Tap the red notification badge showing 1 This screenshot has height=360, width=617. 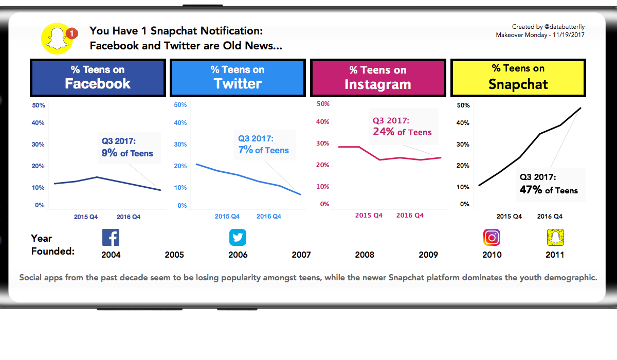click(72, 33)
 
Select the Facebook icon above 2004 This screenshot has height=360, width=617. click(111, 238)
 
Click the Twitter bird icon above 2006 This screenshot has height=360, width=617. click(238, 238)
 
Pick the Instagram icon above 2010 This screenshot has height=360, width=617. click(492, 238)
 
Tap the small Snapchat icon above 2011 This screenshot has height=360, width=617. click(555, 238)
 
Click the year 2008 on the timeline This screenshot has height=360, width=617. click(365, 255)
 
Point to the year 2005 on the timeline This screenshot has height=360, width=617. click(174, 255)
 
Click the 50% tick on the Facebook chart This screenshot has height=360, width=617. click(39, 105)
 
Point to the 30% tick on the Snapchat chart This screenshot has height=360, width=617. click(463, 145)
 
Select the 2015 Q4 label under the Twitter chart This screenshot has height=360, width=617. click(227, 217)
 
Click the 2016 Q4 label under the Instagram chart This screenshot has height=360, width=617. click(410, 215)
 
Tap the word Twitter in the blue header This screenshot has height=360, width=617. click(238, 84)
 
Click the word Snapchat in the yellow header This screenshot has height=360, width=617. click(518, 84)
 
